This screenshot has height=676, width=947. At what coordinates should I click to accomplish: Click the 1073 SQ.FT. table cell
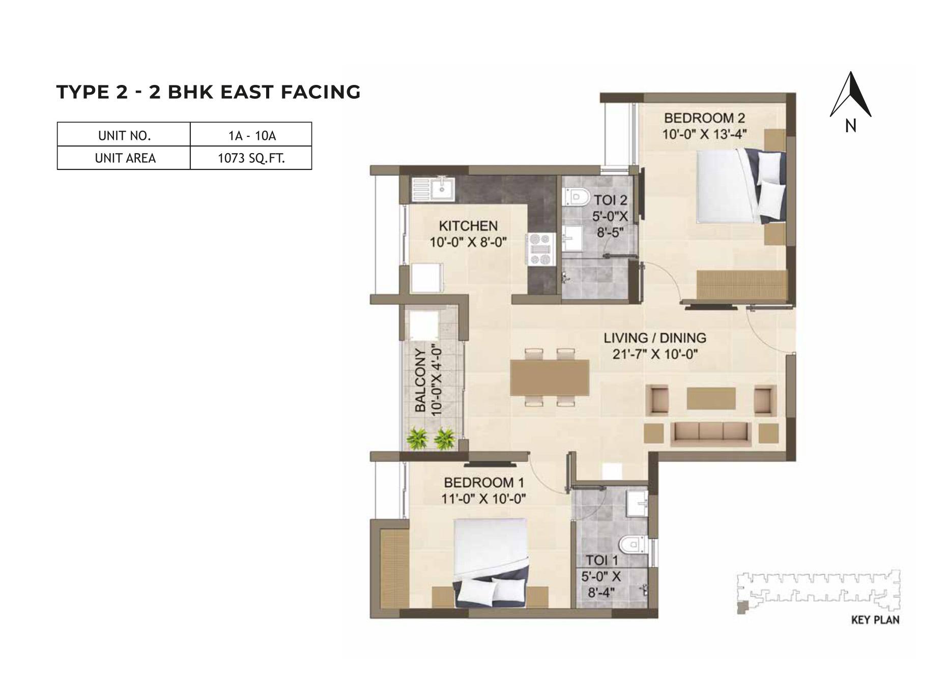point(251,158)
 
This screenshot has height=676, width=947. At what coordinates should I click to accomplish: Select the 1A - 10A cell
point(251,136)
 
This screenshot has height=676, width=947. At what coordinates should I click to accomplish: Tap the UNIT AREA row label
point(125,158)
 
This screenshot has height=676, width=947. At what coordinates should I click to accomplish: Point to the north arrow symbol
point(850,97)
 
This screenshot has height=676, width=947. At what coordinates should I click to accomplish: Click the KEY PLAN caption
point(875,620)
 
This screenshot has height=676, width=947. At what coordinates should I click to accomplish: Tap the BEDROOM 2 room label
point(704,119)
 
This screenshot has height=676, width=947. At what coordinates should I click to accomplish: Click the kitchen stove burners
point(540,249)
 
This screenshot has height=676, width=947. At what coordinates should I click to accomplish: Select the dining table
point(550,377)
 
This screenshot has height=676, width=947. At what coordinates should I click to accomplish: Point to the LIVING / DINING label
point(655,338)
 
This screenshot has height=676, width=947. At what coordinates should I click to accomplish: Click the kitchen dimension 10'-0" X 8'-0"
point(468,242)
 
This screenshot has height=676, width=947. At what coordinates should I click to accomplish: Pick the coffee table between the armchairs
point(711,398)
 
